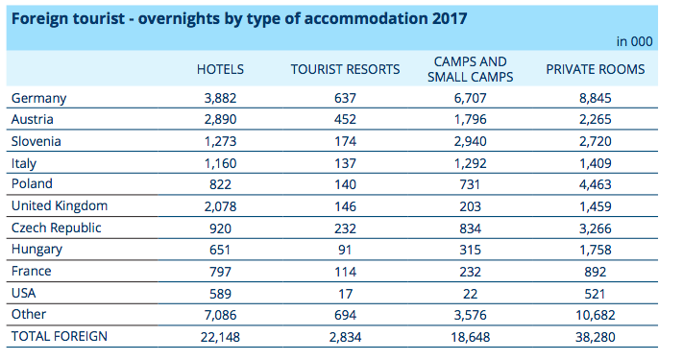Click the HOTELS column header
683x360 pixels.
coord(220,69)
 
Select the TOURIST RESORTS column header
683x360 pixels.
coord(345,69)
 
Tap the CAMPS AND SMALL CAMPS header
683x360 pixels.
coord(471,69)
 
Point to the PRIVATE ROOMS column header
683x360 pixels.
coord(596,69)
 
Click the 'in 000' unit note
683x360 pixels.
coord(634,41)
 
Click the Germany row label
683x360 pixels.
coord(38,98)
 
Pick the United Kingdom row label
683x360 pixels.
coord(60,205)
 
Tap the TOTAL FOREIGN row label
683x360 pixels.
coord(60,336)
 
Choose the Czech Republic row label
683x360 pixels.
coord(56,228)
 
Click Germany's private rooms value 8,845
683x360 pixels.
coord(596,98)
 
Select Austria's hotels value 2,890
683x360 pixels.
coord(220,120)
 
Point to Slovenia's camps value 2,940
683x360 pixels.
coord(471,141)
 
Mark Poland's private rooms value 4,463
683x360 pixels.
coord(596,184)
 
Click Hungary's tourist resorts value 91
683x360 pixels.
coord(345,250)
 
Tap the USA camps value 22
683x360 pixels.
coord(471,294)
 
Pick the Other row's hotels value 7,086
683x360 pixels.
coord(220,315)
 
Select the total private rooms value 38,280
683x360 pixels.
coord(596,337)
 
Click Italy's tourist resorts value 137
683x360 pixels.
coord(345,163)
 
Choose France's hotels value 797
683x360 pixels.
coord(220,272)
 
